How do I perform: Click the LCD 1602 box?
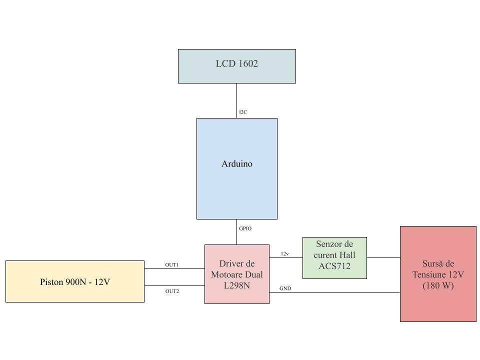[236, 66]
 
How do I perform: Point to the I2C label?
[243, 112]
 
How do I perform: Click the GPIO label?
[245, 228]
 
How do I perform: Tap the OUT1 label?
[172, 264]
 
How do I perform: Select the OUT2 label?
[172, 291]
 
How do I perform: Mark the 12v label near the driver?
[284, 254]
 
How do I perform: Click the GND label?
[285, 288]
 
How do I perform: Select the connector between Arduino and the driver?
[236, 235]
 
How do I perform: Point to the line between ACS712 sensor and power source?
[383, 257]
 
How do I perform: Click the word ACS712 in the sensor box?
[334, 266]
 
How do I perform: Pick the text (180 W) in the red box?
[438, 286]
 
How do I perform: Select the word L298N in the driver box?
[236, 285]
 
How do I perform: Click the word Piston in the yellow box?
[51, 282]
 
